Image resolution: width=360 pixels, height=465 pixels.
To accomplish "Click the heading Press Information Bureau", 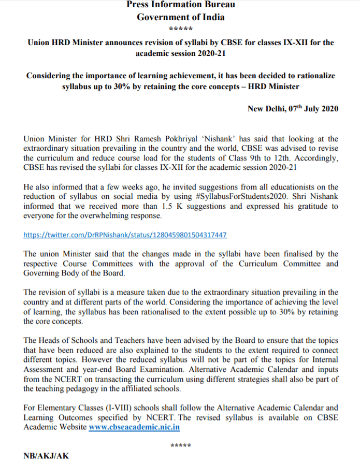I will tap(180, 5).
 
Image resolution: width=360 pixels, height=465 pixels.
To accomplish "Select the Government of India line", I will tap(180, 17).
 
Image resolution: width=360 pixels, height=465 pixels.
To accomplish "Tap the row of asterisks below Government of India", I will tap(181, 29).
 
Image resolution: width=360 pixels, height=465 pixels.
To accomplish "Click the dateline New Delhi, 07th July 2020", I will tap(293, 109).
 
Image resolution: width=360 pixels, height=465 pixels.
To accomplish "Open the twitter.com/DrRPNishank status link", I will tap(125, 235).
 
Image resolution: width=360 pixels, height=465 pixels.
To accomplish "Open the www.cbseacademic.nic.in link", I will tap(134, 427).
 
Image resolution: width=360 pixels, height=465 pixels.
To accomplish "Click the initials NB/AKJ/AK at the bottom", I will tap(46, 456).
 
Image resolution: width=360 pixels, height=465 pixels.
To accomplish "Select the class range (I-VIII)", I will tap(117, 408).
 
